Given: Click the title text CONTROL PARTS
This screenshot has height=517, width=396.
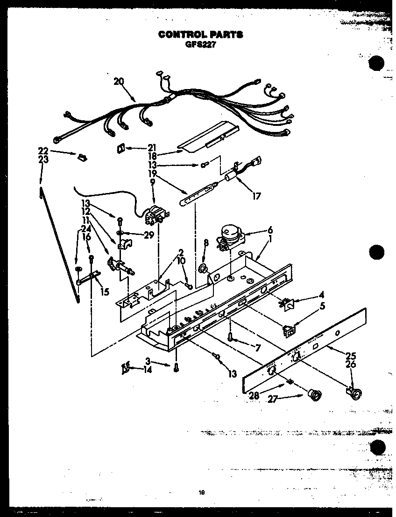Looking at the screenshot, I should pos(200,34).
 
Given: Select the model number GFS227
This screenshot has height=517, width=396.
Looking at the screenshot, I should pos(200,44).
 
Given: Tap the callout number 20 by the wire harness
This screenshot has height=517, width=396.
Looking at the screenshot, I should pos(119,81).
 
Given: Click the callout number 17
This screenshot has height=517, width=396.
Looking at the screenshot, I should pos(256,196).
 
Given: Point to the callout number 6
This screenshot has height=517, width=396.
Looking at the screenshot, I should pos(269,230).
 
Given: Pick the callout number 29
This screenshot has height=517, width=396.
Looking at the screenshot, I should pos(149,236).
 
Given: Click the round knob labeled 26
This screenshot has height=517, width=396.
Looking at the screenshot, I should pos(356,394).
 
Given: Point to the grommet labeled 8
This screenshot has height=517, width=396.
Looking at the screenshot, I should pos(204,269).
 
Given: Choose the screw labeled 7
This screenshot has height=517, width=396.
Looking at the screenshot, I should pos(231,338).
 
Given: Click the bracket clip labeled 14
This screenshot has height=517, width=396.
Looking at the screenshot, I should pos(125,369).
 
